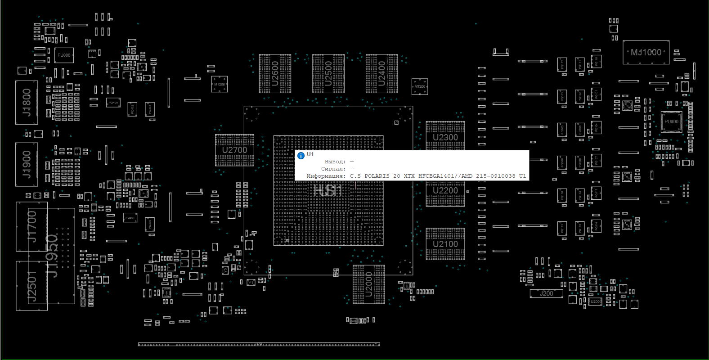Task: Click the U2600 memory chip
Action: (x=275, y=73)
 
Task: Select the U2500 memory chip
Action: (x=328, y=73)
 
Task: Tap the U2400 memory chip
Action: (x=381, y=73)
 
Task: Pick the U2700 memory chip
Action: (x=234, y=150)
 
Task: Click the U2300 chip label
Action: (x=445, y=137)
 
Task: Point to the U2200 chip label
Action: (x=445, y=190)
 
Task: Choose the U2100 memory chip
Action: (x=445, y=244)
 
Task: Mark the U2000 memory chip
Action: (x=369, y=284)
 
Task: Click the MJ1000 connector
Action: (x=646, y=52)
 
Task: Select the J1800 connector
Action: (x=27, y=103)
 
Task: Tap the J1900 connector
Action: (x=27, y=164)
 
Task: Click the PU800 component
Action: (x=64, y=55)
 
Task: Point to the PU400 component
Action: (x=671, y=121)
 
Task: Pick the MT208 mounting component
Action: (x=219, y=84)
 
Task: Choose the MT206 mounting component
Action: (x=420, y=86)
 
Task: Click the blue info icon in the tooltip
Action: (x=301, y=156)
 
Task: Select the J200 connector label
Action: (x=546, y=293)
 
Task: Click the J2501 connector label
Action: (x=31, y=285)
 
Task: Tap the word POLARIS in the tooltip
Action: (x=377, y=176)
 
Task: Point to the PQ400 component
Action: (x=113, y=103)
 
